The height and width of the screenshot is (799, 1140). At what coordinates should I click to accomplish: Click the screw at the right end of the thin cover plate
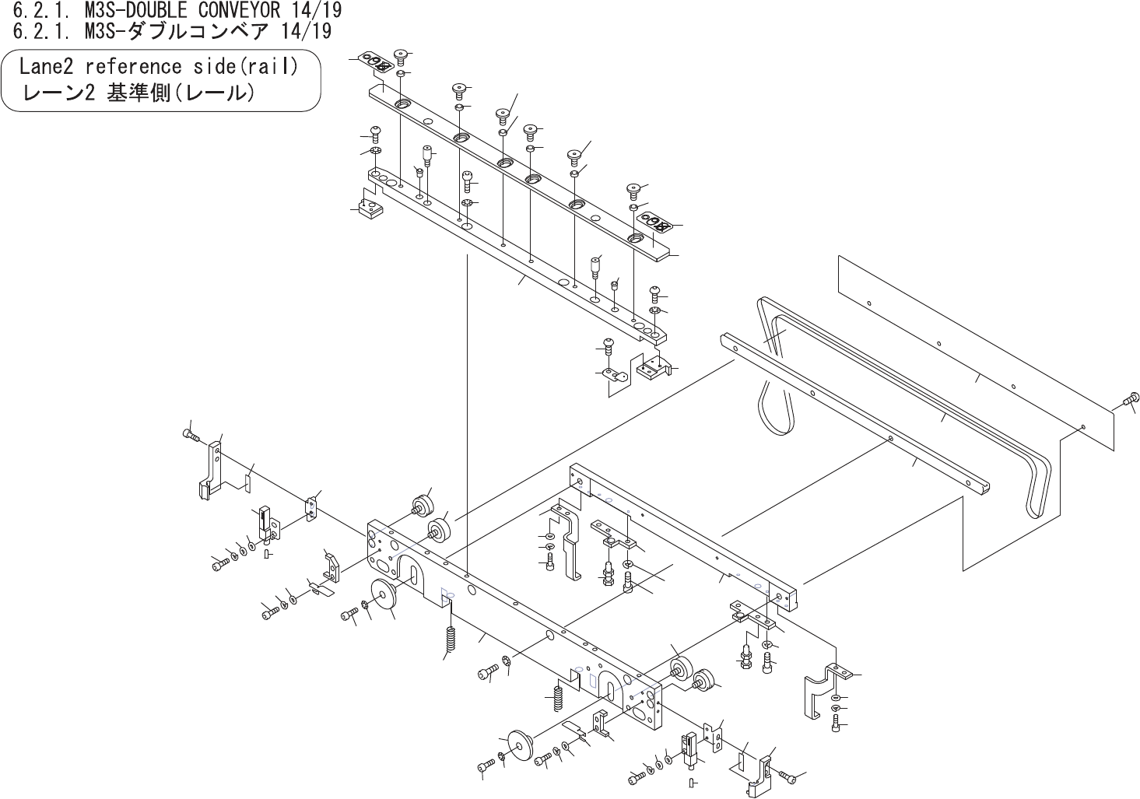click(x=1131, y=400)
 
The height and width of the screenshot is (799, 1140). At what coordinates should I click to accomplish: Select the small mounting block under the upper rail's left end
click(x=368, y=209)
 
